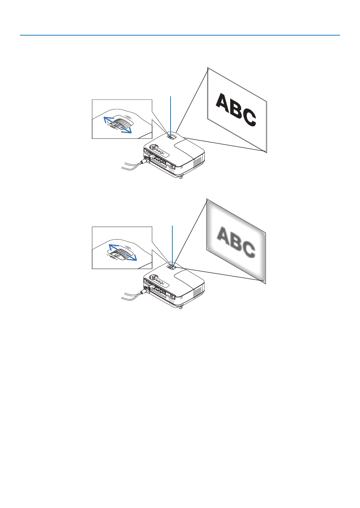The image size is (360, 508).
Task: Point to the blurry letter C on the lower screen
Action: (248, 250)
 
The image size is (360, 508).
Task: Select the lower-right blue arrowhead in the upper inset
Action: (129, 131)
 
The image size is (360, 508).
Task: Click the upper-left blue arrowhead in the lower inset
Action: (110, 246)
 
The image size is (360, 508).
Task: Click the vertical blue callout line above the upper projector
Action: (171, 115)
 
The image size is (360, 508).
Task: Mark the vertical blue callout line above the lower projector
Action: (173, 244)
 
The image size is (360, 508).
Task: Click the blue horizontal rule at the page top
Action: (180, 35)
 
